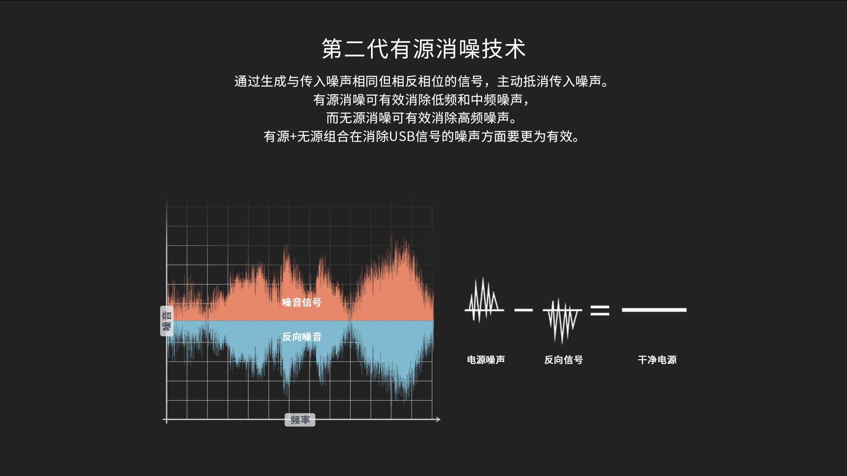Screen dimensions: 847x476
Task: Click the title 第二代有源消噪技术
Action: click(x=423, y=48)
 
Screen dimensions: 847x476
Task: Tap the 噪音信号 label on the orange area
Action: click(x=302, y=302)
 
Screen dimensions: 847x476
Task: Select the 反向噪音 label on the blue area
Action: click(x=302, y=337)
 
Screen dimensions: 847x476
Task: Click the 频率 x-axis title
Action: click(x=300, y=420)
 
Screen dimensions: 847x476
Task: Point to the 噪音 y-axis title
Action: click(x=167, y=321)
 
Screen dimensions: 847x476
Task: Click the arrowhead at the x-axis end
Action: click(x=438, y=419)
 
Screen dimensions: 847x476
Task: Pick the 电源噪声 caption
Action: click(x=486, y=360)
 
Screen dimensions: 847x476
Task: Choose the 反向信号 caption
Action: click(x=563, y=360)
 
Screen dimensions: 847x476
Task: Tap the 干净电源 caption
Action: click(x=657, y=360)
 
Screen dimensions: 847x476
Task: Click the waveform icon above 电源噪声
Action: click(x=484, y=300)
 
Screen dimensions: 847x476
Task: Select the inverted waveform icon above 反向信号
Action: click(x=562, y=321)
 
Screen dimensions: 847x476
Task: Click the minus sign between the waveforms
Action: click(x=524, y=310)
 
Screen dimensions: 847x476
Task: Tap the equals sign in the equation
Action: click(x=600, y=310)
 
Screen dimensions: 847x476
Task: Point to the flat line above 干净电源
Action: click(x=654, y=310)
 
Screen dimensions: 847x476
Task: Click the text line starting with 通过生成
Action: click(x=422, y=82)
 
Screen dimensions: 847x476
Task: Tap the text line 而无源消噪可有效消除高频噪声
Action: click(x=422, y=118)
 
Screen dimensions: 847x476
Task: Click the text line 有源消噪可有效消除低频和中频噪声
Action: click(x=422, y=100)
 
